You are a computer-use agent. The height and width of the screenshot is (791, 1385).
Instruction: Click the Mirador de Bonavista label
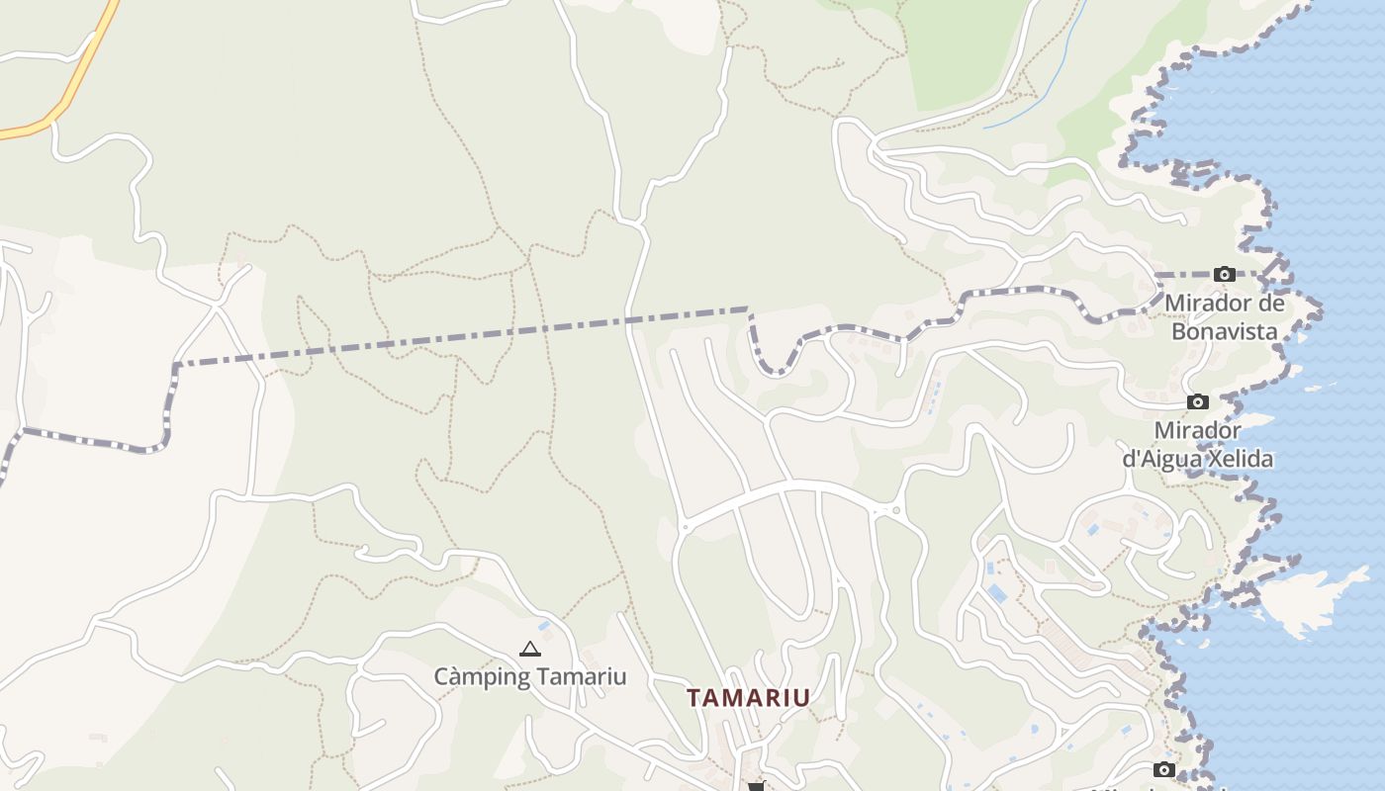pos(1225,316)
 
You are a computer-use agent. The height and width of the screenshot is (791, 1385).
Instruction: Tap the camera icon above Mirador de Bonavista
pos(1225,274)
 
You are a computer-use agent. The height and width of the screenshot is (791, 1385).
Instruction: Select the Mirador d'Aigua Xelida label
pos(1198,445)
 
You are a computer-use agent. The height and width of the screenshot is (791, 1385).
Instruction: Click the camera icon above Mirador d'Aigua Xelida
pos(1198,401)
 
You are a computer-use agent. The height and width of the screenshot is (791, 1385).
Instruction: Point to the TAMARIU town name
pos(748,697)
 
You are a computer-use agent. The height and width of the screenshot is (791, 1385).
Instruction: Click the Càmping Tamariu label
pos(530,676)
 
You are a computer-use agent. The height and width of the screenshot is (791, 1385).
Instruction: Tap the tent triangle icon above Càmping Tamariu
pos(530,650)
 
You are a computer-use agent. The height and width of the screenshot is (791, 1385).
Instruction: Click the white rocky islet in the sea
pos(1306,598)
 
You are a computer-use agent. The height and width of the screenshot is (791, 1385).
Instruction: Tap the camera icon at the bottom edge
pos(1164,769)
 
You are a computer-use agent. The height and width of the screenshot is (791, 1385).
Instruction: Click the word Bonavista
pos(1225,331)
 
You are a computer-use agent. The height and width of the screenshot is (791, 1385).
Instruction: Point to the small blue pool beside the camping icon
pos(543,625)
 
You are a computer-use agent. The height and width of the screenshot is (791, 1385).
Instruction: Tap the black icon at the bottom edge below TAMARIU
pos(758,786)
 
